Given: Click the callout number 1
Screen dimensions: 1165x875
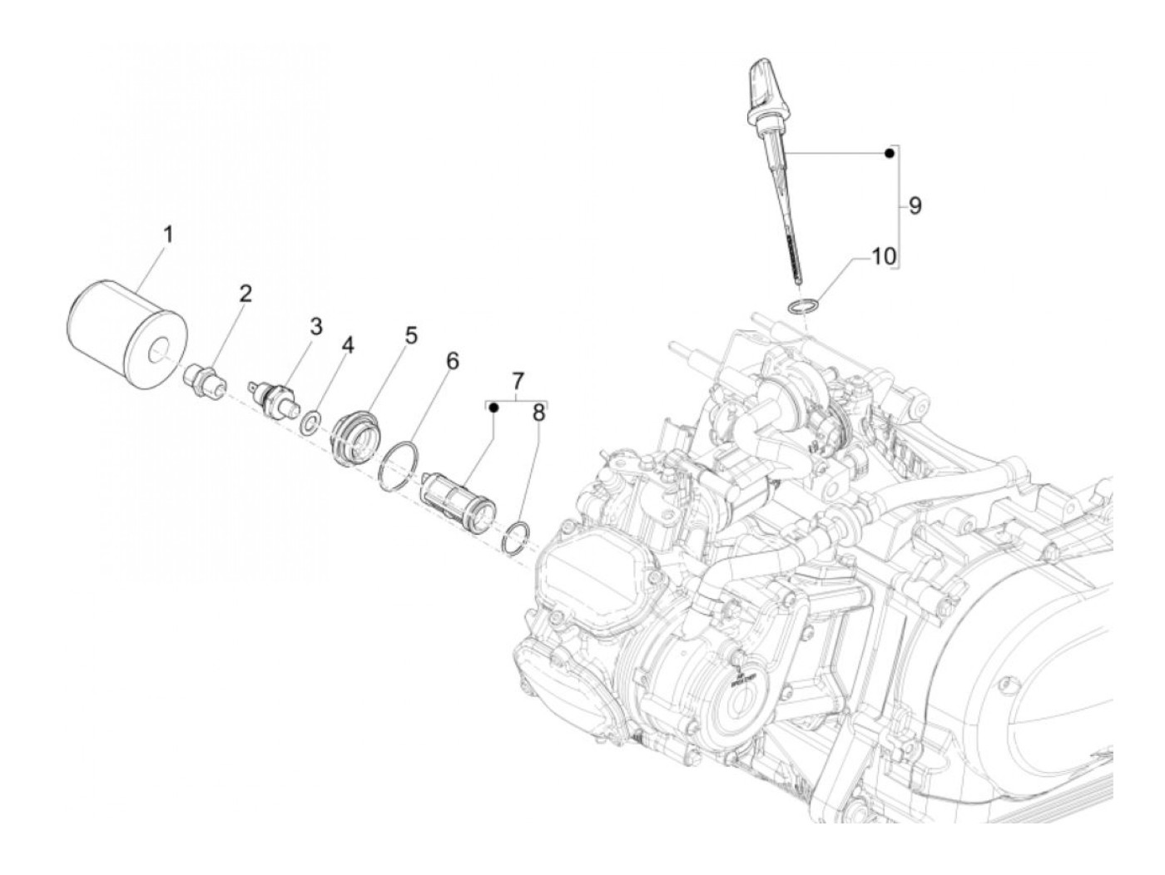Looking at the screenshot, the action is coord(168,235).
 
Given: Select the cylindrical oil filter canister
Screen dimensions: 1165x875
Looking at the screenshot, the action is coord(128,334).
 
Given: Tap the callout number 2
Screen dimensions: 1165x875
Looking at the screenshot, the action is coord(245,294).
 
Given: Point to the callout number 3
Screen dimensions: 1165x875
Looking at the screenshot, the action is coord(315,326).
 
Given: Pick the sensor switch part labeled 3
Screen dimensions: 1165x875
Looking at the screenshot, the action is coord(274,403).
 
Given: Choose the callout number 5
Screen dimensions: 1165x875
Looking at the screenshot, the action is coord(411,335).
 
